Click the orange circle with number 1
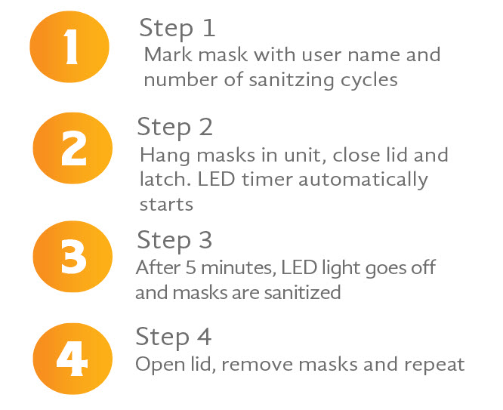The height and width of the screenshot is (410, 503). coord(69,47)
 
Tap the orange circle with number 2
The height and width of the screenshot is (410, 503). coord(73,148)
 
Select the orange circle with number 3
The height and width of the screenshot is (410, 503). coord(73,256)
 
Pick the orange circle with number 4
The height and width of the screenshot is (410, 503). coord(73,359)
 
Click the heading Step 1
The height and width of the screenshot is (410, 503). coord(177,29)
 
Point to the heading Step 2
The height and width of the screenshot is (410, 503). coord(174,128)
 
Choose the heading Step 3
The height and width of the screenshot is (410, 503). coord(174,241)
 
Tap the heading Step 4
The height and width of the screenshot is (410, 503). coord(173,338)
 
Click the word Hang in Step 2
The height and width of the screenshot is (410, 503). coord(165,156)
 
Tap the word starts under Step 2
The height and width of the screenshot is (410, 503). coord(166,205)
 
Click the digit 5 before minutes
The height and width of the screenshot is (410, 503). coord(190,267)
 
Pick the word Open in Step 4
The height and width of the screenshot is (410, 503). coord(160,365)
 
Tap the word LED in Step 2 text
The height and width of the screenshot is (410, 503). coord(216,180)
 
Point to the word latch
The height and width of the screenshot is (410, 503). coord(165,179)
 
